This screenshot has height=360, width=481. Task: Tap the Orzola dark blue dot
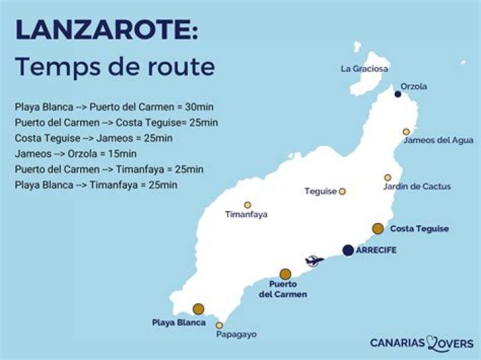[x=397, y=94]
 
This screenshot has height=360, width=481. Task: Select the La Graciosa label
[x=364, y=68]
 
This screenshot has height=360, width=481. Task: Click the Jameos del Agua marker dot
[x=406, y=132]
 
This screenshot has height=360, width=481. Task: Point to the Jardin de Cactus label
[x=417, y=186]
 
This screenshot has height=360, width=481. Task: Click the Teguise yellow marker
[x=342, y=191]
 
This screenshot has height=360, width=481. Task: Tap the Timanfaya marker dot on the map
[x=247, y=205]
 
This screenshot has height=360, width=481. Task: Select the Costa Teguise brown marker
[x=378, y=228]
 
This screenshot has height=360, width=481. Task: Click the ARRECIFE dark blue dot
[x=347, y=250]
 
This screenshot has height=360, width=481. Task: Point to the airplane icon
[x=314, y=261]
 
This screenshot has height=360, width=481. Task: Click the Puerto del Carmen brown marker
[x=285, y=274]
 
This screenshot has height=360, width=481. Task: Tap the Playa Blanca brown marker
[x=198, y=309]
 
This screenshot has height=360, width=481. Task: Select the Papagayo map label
[x=236, y=334]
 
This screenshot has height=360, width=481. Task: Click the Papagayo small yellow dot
[x=219, y=325]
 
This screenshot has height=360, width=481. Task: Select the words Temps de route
[x=115, y=67]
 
